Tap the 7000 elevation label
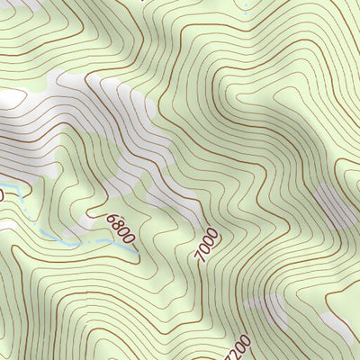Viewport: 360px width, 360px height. [x=206, y=247]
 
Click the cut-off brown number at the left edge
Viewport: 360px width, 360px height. [x=2, y=193]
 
